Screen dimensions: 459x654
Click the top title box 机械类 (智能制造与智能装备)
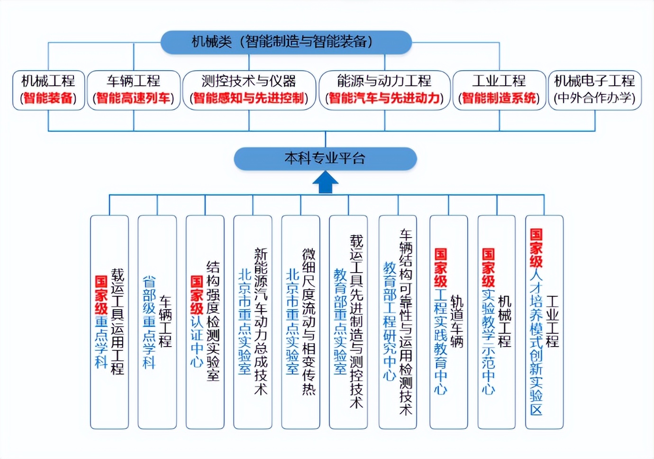pos(286,42)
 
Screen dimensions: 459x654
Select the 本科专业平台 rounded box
pos(325,158)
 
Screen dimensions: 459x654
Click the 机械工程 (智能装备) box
pos(48,90)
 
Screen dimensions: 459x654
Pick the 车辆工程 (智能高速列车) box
pos(134,90)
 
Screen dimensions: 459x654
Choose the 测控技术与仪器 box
pos(249,90)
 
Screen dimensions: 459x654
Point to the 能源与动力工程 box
pos(384,90)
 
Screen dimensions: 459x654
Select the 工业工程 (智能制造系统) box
pos(499,90)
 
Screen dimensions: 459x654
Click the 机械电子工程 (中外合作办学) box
pos(595,90)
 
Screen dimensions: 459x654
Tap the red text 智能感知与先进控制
pos(249,99)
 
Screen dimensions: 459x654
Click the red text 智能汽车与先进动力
pos(384,99)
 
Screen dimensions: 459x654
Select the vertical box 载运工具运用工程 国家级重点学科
pos(109,322)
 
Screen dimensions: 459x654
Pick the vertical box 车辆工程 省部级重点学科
pos(157,322)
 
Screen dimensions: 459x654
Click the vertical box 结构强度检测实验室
pos(205,322)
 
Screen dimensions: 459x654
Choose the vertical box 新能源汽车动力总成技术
pos(253,322)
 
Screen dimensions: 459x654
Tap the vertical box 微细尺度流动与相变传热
pos(300,322)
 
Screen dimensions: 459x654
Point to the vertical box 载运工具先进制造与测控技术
pos(348,322)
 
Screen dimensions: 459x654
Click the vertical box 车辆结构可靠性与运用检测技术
pos(398,322)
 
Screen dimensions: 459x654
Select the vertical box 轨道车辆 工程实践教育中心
pos(448,322)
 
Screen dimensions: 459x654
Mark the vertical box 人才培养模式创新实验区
pos(544,322)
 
